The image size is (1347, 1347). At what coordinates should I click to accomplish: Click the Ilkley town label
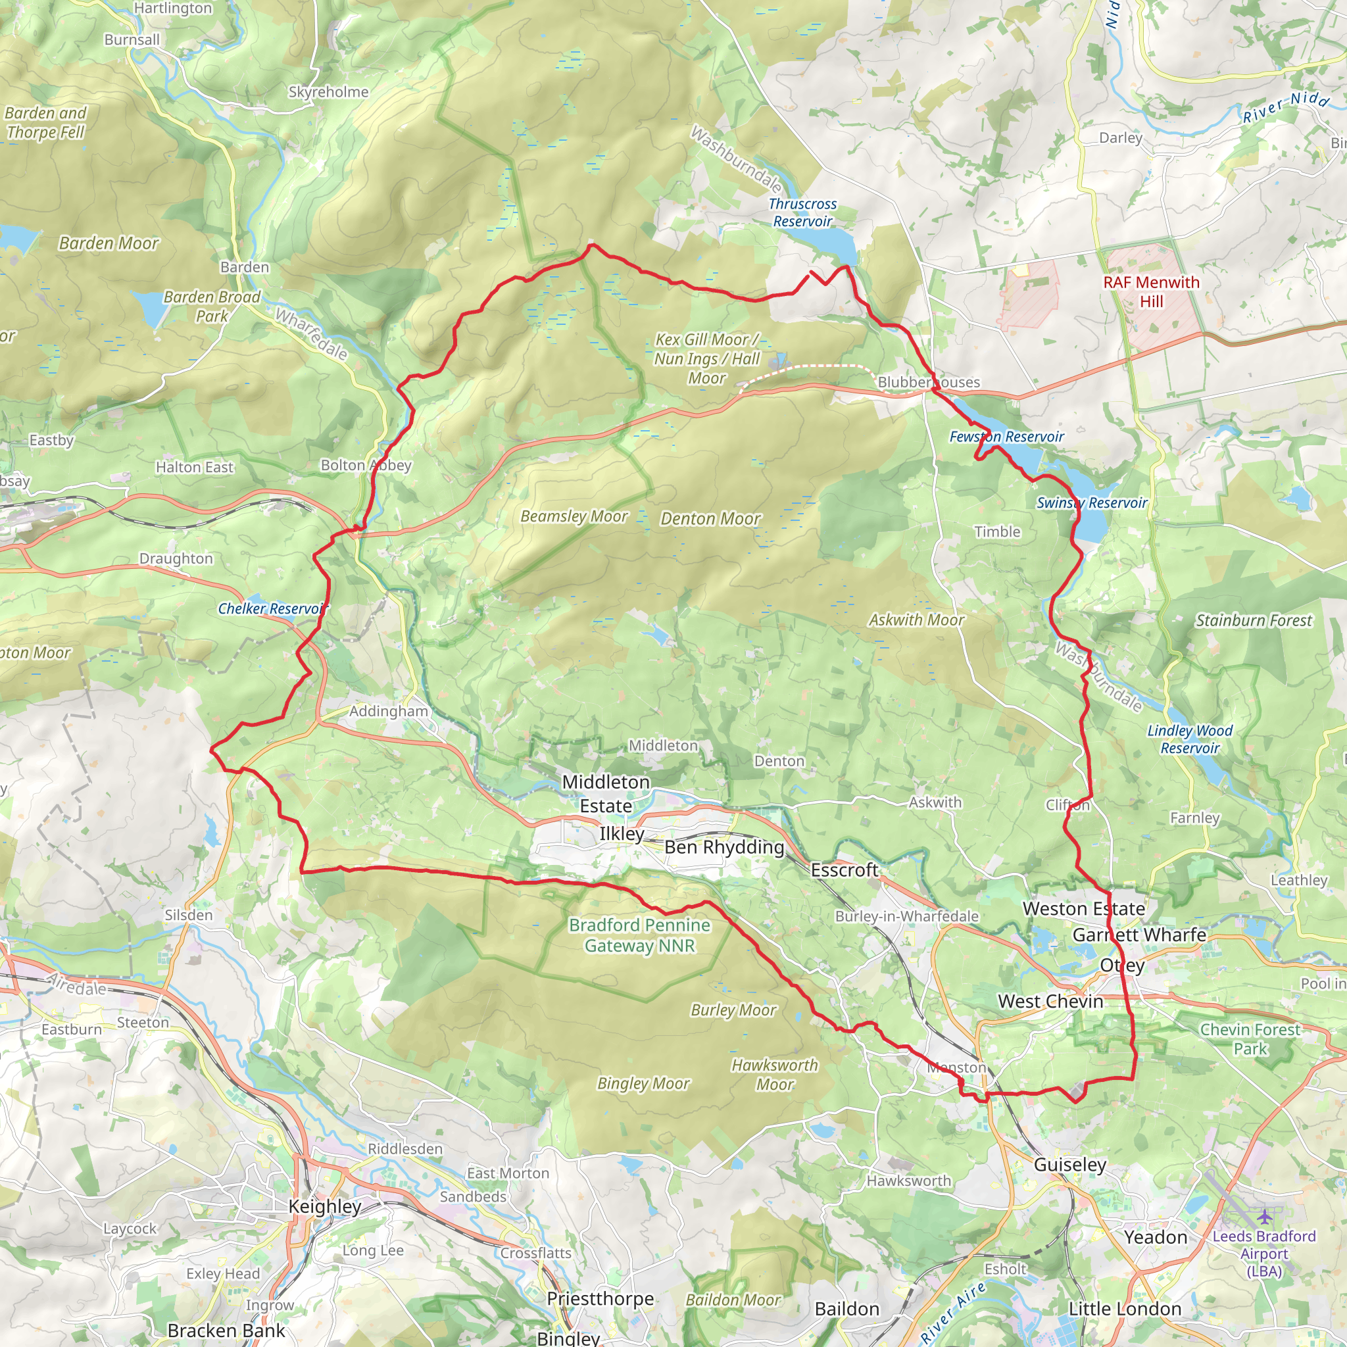pyautogui.click(x=622, y=834)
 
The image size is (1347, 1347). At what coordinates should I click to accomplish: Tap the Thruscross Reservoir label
pyautogui.click(x=802, y=212)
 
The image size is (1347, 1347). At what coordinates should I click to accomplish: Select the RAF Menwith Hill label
pyautogui.click(x=1151, y=291)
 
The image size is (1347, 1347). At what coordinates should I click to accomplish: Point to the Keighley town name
pyautogui.click(x=325, y=1206)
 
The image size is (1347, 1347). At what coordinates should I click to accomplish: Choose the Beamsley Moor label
pyautogui.click(x=574, y=516)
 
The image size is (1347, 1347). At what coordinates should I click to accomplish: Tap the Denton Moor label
pyautogui.click(x=710, y=519)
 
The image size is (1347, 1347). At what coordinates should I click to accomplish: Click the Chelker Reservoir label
pyautogui.click(x=272, y=608)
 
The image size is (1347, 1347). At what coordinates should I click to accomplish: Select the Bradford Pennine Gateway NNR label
pyautogui.click(x=639, y=935)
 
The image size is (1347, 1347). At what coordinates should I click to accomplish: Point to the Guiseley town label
pyautogui.click(x=1069, y=1164)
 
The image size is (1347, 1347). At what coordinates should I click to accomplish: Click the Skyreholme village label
pyautogui.click(x=328, y=92)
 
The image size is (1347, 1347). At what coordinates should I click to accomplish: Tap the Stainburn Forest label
pyautogui.click(x=1254, y=620)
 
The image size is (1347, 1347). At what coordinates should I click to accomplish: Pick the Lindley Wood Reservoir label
pyautogui.click(x=1189, y=739)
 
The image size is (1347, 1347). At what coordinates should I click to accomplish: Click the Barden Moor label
pyautogui.click(x=109, y=243)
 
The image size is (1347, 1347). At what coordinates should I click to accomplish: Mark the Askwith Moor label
pyautogui.click(x=916, y=620)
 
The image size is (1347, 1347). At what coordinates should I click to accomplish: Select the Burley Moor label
pyautogui.click(x=733, y=1010)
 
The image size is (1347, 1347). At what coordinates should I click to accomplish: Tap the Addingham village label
pyautogui.click(x=388, y=711)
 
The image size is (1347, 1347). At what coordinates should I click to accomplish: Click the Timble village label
pyautogui.click(x=997, y=532)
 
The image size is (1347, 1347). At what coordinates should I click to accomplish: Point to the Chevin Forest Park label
pyautogui.click(x=1250, y=1039)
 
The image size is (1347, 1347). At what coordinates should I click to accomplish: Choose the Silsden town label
pyautogui.click(x=188, y=915)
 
